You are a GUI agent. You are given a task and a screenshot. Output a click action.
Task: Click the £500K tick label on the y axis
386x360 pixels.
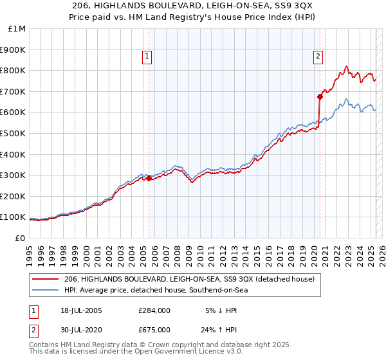13,133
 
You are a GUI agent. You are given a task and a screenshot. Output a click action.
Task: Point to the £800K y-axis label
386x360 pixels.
13,70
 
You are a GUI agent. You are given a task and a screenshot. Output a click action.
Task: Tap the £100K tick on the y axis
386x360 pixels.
13,217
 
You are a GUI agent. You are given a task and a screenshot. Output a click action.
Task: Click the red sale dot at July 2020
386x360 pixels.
319,96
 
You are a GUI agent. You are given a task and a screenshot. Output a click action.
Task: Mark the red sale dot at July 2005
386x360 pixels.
149,179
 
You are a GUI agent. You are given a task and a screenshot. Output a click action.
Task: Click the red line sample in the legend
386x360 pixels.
47,279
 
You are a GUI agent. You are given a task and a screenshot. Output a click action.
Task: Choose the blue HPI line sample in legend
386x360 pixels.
47,290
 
